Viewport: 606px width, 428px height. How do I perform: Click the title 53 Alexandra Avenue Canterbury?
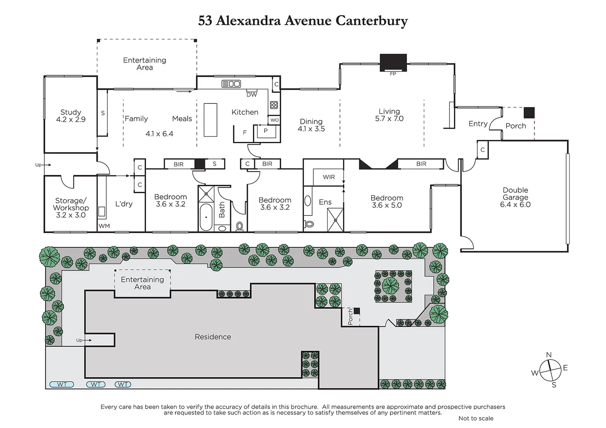point(303,21)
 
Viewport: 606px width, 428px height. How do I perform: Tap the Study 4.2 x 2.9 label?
point(71,116)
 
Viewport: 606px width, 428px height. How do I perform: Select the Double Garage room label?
point(515,197)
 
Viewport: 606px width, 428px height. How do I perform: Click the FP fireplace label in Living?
point(393,74)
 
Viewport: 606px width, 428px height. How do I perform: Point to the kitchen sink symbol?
point(231,84)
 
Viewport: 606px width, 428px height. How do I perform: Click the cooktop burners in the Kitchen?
point(274,105)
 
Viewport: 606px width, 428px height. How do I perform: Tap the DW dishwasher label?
point(251,95)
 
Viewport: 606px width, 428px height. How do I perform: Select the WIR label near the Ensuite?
point(328,177)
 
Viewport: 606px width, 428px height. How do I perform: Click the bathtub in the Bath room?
point(206,217)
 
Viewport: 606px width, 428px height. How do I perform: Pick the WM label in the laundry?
point(104,226)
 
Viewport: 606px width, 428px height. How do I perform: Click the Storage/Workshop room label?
point(71,208)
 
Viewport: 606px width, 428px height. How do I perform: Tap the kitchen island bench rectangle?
point(210,120)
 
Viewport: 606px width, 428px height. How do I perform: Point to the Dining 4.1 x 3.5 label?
point(311,125)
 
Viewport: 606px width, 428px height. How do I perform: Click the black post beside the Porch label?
point(529,113)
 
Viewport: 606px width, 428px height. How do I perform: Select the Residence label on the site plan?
point(213,337)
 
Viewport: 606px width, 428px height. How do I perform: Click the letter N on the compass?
point(548,355)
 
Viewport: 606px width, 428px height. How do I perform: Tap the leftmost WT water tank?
point(61,384)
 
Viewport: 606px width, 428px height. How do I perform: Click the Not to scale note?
point(476,418)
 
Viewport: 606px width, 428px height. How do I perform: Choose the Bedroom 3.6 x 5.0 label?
point(387,201)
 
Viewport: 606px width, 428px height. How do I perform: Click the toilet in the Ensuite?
point(309,224)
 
